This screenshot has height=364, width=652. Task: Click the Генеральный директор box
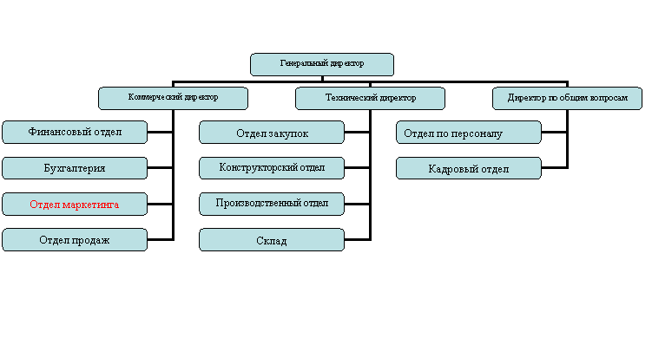322,64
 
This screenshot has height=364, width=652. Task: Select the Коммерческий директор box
173,98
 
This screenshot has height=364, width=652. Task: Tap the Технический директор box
370,98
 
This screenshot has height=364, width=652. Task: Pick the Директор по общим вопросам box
567,98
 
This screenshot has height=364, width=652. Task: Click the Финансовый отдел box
75,132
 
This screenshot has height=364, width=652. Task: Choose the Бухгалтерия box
75,168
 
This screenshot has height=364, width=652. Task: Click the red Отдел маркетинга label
75,205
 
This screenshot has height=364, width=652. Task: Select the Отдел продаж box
75,240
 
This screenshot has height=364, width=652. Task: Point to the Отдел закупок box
272,133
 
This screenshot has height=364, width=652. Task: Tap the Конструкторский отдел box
272,167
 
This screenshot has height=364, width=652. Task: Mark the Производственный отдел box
272,204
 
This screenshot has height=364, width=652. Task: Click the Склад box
272,240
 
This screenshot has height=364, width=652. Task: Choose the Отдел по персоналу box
469,133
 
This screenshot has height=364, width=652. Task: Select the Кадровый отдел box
469,168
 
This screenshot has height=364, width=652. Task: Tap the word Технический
349,98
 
